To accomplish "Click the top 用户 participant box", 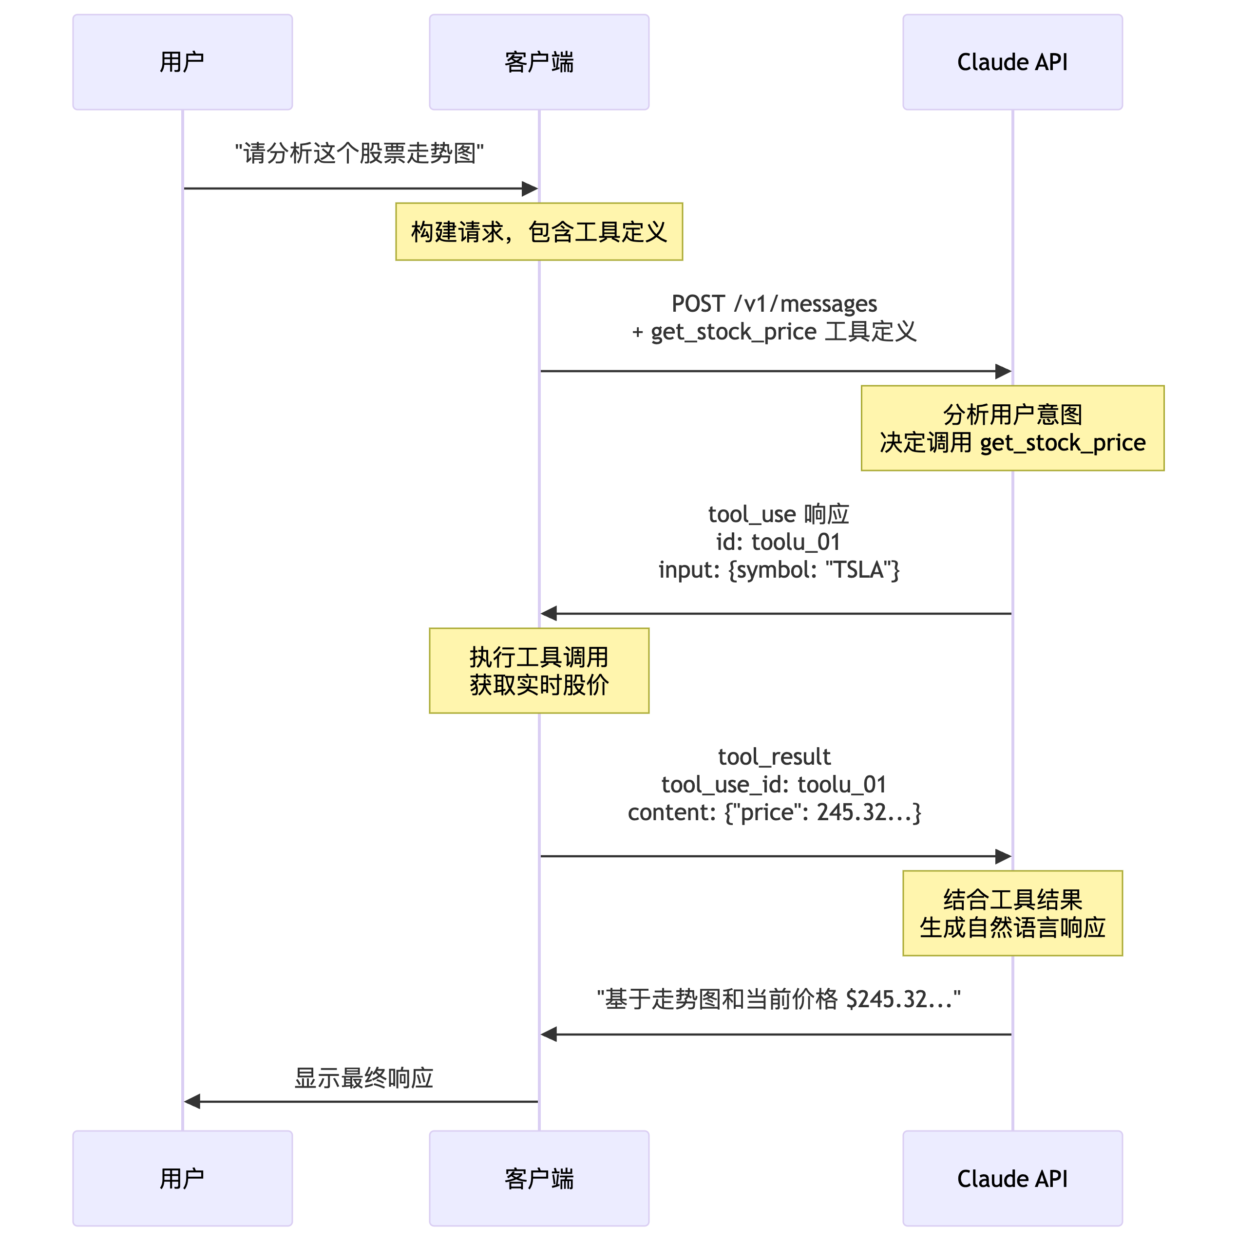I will click(183, 62).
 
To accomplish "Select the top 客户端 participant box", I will click(539, 62).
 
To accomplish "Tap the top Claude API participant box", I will click(1012, 62).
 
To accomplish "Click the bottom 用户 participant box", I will click(183, 1178).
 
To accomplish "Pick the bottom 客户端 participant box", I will click(539, 1178).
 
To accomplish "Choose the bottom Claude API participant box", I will click(1012, 1178).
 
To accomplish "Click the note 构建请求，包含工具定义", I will click(539, 232).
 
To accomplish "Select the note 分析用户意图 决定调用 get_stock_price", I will click(1012, 428).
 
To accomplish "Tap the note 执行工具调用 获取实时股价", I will click(539, 671).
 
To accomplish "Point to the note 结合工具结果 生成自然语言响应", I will click(1012, 913).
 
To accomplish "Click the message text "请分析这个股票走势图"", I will click(360, 153).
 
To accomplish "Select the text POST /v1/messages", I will click(774, 303).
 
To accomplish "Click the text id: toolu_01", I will click(778, 542).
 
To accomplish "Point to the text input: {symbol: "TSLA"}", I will click(779, 569).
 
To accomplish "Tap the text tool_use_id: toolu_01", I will click(774, 784).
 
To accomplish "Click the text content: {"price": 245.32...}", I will click(774, 812).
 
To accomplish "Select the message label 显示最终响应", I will click(363, 1078).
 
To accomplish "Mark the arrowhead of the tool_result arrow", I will click(1003, 856).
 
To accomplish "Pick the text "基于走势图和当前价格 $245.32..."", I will click(779, 999).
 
